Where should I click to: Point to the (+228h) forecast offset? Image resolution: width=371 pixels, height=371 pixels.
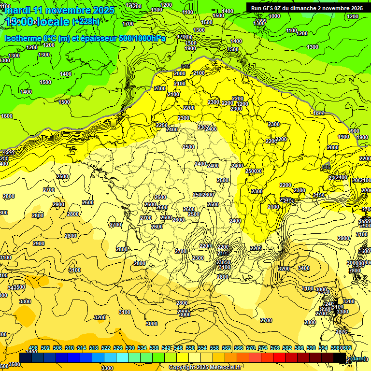(x=86, y=21)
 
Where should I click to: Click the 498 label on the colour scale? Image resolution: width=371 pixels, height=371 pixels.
(x=33, y=348)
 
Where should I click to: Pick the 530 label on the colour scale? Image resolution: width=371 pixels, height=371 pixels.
(x=130, y=348)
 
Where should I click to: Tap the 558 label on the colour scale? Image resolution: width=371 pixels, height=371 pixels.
(x=214, y=348)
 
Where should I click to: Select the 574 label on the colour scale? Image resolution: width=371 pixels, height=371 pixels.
(x=263, y=348)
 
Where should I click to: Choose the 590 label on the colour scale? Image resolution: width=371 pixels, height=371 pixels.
(x=311, y=348)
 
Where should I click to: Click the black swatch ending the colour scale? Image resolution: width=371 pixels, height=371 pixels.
(x=340, y=357)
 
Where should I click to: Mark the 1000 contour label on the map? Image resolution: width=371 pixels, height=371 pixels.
(x=274, y=16)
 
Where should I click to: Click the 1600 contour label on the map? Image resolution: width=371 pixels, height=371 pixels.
(x=7, y=116)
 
